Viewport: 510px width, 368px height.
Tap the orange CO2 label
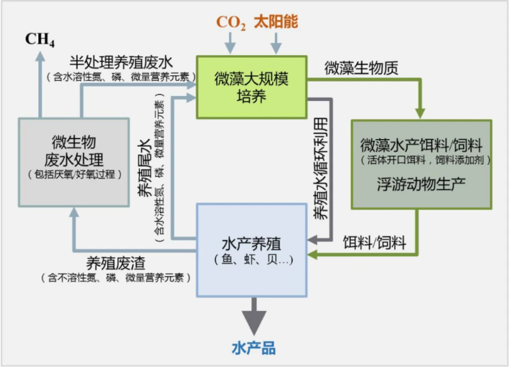231,22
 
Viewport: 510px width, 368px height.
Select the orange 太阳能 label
276,22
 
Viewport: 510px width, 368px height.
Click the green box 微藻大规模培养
251,87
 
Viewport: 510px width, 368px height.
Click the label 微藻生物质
361,68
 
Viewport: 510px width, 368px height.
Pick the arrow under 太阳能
276,43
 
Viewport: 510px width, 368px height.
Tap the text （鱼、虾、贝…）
251,260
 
